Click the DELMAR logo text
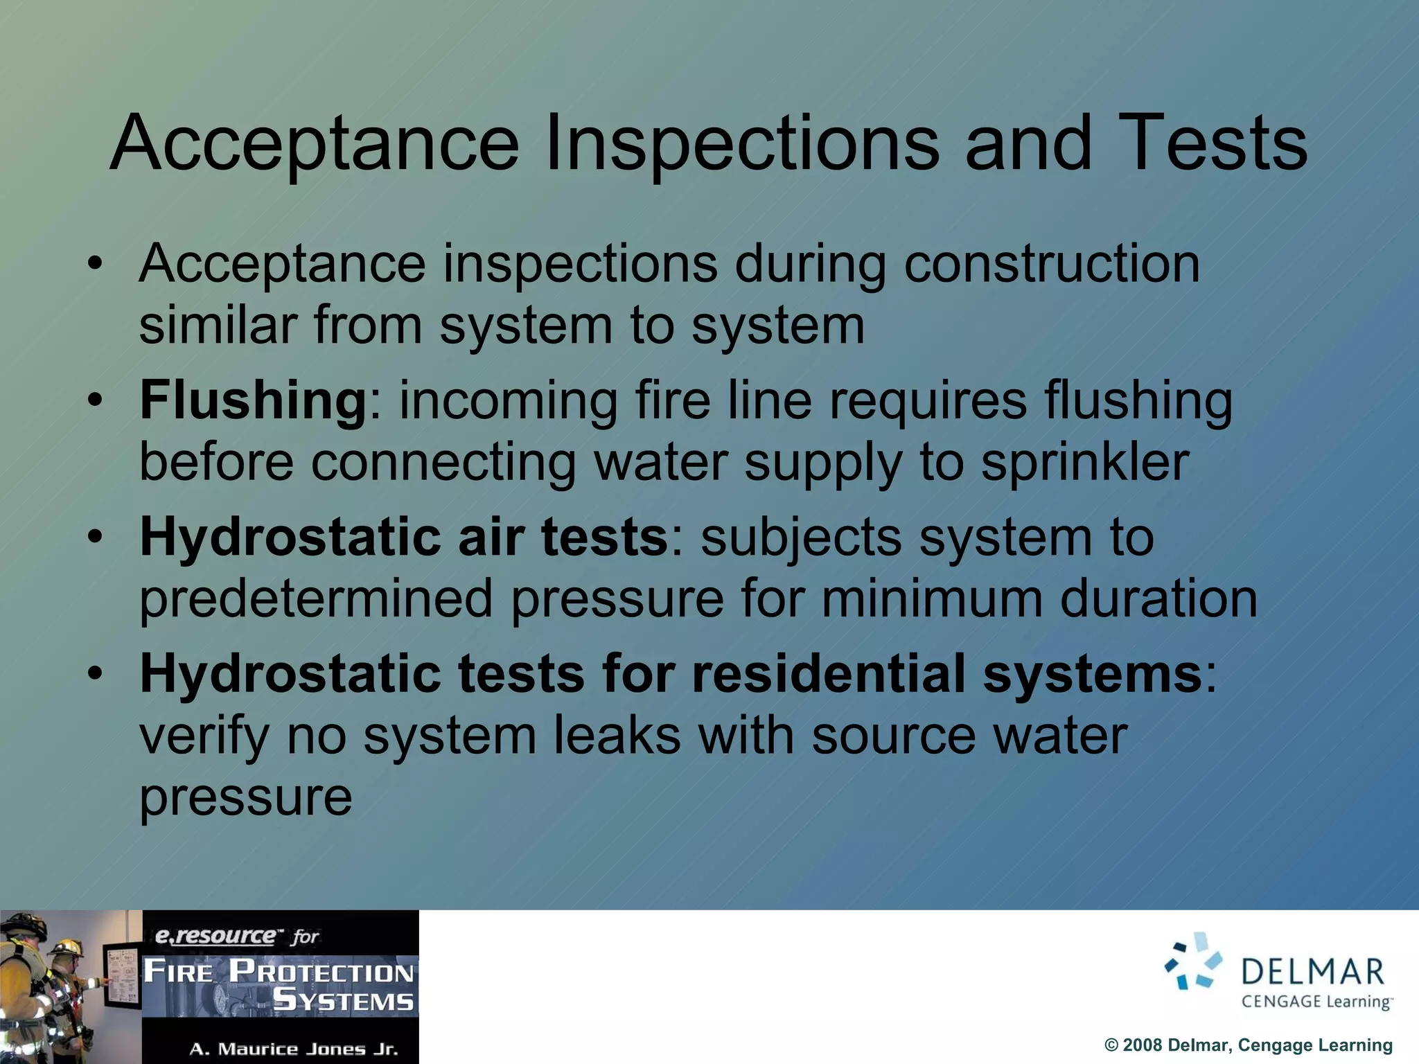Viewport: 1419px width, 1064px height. [x=1313, y=972]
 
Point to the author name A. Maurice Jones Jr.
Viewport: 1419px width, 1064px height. [x=294, y=1049]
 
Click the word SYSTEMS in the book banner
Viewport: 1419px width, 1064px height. [x=343, y=1000]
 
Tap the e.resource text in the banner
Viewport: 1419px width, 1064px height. [x=215, y=937]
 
